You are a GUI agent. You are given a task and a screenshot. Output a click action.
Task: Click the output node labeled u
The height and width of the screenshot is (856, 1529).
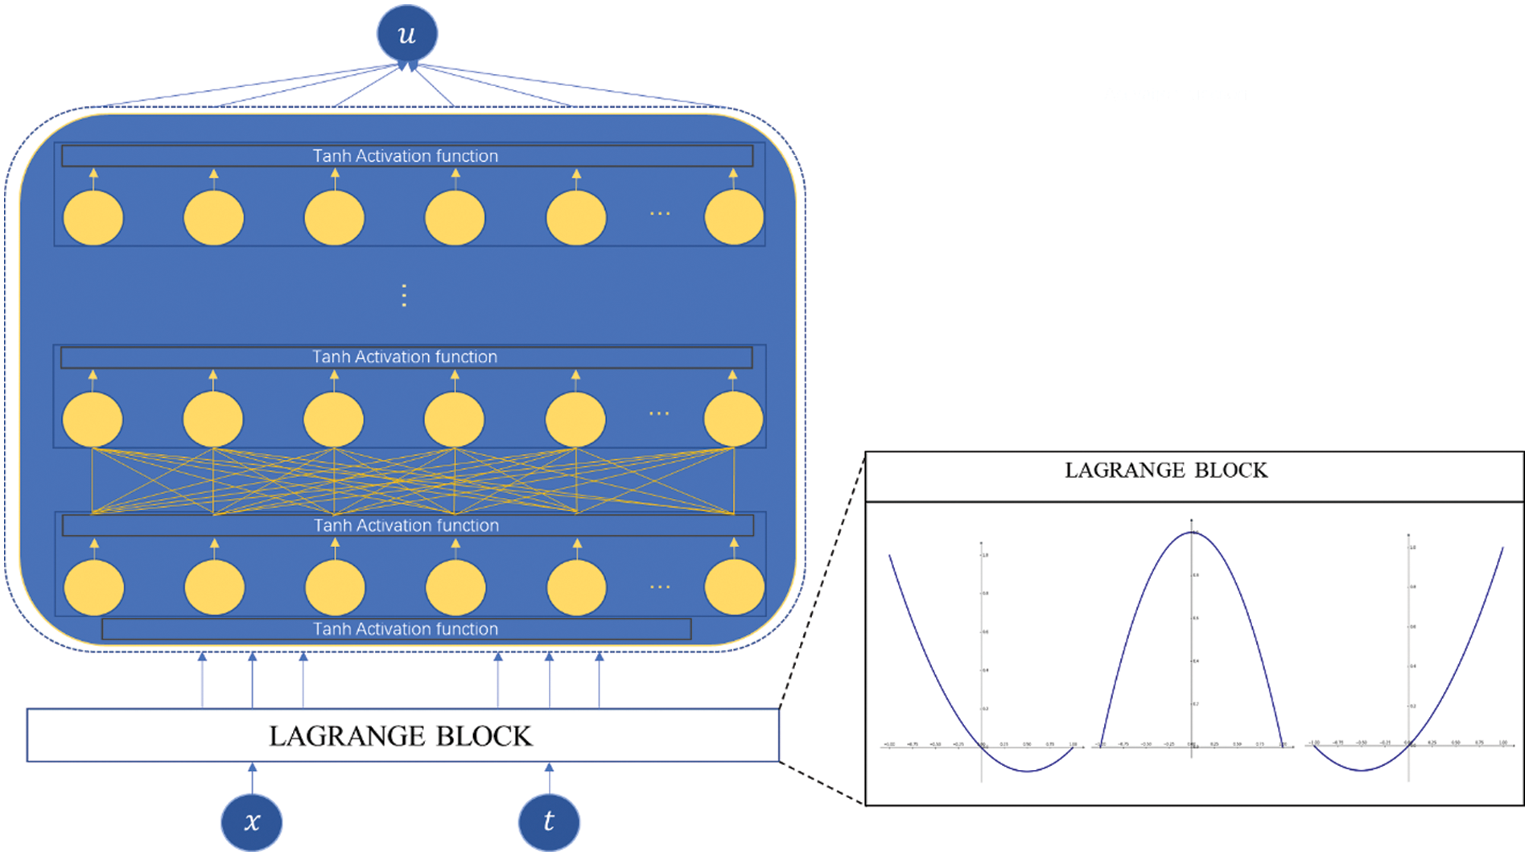pos(406,34)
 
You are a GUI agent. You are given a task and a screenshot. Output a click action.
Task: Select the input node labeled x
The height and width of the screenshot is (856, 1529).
pos(252,822)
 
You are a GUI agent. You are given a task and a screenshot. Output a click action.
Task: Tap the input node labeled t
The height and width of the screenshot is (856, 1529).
pos(549,822)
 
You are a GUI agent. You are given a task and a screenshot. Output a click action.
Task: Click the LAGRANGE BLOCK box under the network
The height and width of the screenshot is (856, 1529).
pos(402,735)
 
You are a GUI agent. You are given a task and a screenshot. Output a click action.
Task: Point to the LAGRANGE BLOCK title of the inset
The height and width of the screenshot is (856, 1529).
pos(1165,471)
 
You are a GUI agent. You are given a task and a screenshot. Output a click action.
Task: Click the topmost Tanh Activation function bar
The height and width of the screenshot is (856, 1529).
pos(406,155)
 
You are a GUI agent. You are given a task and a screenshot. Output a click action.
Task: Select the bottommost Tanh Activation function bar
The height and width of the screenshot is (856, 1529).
pos(397,629)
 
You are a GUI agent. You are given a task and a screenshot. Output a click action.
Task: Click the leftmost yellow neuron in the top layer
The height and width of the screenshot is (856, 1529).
pos(93,217)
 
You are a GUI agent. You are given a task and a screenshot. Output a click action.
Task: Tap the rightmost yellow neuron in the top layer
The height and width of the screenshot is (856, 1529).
pos(734,217)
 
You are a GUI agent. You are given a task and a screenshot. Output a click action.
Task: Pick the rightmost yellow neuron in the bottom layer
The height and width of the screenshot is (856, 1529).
pos(734,587)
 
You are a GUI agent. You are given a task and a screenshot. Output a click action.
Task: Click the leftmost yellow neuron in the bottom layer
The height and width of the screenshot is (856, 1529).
pos(94,587)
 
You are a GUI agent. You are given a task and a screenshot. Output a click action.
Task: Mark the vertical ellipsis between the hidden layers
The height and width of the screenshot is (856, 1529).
pos(404,296)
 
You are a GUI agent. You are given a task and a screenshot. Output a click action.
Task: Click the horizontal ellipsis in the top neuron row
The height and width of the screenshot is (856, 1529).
pos(659,213)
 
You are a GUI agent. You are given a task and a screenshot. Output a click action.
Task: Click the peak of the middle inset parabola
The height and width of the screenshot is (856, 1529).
pos(1191,533)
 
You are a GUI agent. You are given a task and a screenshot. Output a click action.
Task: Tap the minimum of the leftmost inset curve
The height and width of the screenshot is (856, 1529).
pos(1028,772)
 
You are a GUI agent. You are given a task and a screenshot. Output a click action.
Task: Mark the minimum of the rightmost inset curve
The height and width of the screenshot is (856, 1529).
pos(1362,771)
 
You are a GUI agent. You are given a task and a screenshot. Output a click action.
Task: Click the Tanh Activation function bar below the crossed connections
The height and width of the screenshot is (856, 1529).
pos(406,525)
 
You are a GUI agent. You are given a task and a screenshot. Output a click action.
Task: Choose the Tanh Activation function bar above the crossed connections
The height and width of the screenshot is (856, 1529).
pos(406,357)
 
